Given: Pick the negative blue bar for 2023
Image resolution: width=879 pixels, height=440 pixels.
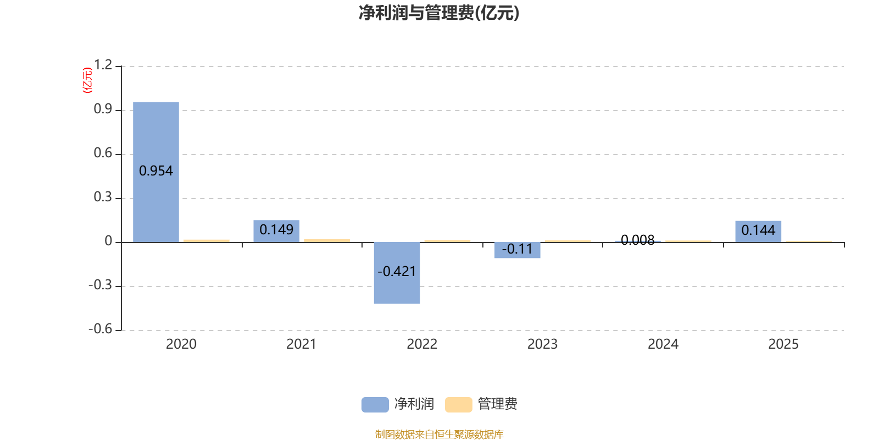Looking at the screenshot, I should coord(518,255).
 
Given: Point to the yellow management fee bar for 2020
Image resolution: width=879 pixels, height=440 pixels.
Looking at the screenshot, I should coord(207,240).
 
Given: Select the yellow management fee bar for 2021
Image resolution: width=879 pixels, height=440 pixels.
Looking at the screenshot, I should coord(327,240).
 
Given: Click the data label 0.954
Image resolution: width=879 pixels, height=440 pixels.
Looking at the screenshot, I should coord(156,171).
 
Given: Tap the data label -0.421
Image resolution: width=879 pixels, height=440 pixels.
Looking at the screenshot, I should coord(397,271).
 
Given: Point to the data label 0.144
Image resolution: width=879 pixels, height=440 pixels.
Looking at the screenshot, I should coord(758,230).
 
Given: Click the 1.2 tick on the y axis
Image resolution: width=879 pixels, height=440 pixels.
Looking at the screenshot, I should coord(103,65).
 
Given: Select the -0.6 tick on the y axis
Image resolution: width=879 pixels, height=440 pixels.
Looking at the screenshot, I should coord(100,329).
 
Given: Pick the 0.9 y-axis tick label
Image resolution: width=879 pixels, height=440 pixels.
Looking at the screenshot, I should coord(103,109).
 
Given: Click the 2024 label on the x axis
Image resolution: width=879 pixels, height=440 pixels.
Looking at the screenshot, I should coord(663,344).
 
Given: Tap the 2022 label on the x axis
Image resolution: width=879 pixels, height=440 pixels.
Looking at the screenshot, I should coord(422,344).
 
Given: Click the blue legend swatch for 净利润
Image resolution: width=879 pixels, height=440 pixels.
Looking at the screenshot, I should coord(375,404).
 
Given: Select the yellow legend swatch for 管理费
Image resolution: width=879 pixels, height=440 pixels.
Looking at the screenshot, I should coord(458,404).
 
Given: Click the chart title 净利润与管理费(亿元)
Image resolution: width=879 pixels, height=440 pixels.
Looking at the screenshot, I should coord(439,13).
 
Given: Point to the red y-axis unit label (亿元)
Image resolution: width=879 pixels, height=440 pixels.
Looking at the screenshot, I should coord(87,80).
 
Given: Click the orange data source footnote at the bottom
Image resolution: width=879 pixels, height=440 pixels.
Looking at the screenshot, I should coord(439,435).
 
